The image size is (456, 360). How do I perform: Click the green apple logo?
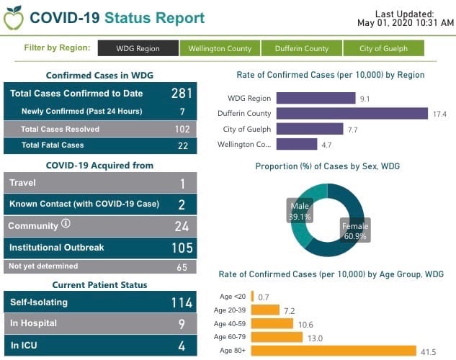(14, 18)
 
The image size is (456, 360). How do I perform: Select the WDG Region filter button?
(138, 48)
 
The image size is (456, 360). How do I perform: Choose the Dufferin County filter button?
(301, 48)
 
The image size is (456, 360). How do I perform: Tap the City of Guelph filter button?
(383, 48)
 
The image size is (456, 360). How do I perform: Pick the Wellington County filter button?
(220, 48)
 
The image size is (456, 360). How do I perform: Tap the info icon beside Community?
(66, 225)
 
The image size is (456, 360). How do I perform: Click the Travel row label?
(23, 183)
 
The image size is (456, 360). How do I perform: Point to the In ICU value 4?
(182, 346)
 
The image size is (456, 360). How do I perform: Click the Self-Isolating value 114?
(181, 302)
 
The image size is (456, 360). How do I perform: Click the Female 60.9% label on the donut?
(355, 231)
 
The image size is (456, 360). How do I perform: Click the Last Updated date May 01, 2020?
(387, 23)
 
